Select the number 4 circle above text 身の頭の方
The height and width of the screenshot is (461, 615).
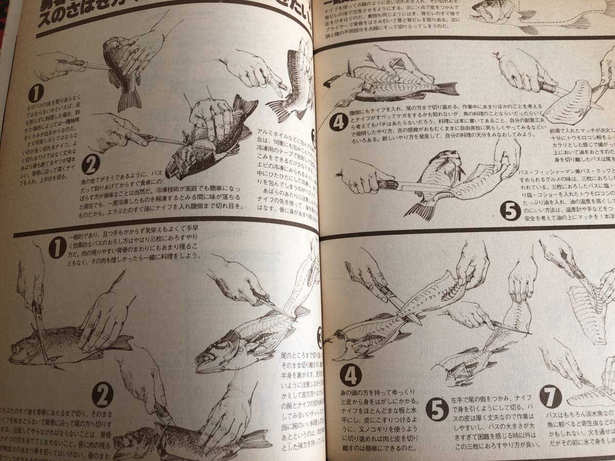point(350,375)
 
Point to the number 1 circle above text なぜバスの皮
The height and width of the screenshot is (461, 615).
point(35,94)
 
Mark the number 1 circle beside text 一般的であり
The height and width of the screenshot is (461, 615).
point(56,249)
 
